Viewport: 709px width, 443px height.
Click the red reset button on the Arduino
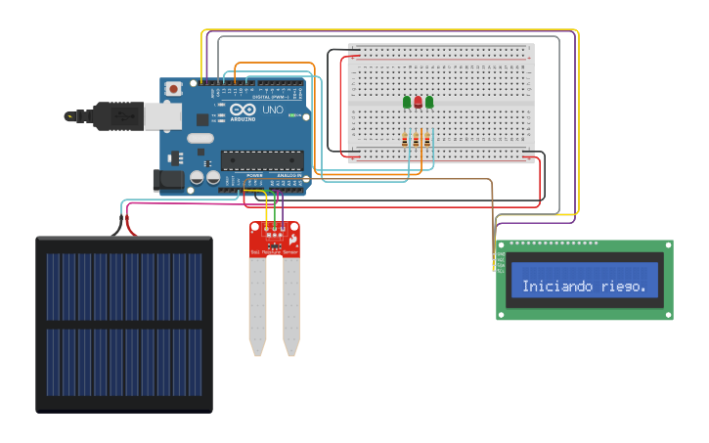(x=174, y=89)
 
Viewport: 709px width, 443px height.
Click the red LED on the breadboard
(x=418, y=101)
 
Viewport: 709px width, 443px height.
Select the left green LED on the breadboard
(x=407, y=101)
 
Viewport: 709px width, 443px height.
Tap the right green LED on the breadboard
(x=428, y=101)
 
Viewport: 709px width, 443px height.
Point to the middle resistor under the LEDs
(x=417, y=141)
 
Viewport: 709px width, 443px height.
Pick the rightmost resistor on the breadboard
(x=427, y=141)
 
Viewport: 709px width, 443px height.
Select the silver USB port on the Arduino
(x=162, y=115)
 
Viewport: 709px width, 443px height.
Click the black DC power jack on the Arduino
(x=168, y=180)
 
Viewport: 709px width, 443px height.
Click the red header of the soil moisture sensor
(x=275, y=238)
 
